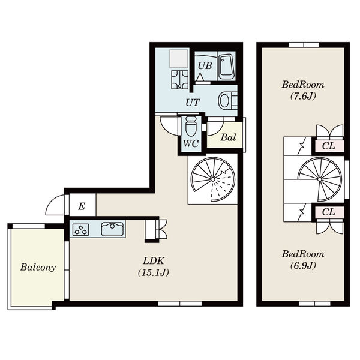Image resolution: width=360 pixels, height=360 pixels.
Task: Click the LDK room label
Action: (x=154, y=261)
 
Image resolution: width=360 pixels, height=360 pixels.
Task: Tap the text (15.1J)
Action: (x=154, y=272)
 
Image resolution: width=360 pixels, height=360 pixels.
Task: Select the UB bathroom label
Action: (x=205, y=66)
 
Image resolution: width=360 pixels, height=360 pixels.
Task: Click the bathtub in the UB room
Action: (x=226, y=67)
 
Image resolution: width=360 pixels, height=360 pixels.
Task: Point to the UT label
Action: (x=193, y=103)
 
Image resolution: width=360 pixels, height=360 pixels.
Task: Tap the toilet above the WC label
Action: (x=191, y=126)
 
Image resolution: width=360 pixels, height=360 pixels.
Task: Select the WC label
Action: (x=191, y=144)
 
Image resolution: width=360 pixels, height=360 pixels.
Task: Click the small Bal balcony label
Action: (x=228, y=137)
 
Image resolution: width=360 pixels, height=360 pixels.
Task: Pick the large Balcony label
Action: (x=38, y=267)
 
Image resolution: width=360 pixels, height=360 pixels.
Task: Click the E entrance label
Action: (x=82, y=206)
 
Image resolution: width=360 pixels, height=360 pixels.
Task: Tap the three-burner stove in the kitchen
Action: (x=81, y=230)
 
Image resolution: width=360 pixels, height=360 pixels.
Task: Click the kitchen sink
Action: (x=112, y=229)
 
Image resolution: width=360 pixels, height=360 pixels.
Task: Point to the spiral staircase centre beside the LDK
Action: (x=213, y=179)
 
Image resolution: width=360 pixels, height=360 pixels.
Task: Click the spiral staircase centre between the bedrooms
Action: (x=320, y=179)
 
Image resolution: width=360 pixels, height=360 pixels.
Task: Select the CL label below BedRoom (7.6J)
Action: (x=329, y=146)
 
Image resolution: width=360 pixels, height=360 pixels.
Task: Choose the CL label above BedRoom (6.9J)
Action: (x=329, y=212)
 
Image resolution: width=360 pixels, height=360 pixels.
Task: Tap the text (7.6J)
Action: (x=303, y=96)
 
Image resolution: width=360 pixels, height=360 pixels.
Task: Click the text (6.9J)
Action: (x=303, y=266)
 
